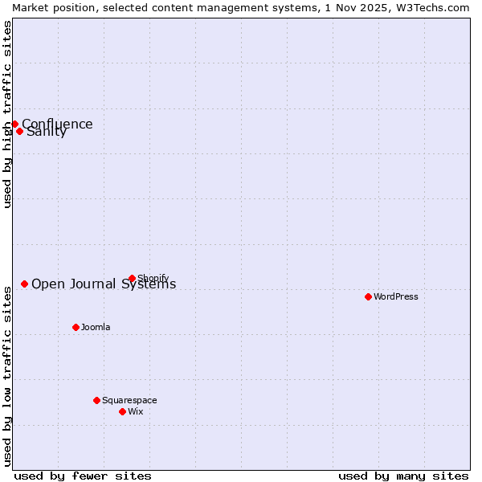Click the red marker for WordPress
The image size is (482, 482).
[x=368, y=296]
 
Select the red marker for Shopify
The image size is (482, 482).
[x=132, y=279]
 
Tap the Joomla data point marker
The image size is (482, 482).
[x=76, y=327]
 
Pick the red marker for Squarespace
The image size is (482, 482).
[x=96, y=400]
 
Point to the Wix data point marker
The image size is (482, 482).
[x=122, y=411]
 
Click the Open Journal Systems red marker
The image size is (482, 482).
[x=24, y=284]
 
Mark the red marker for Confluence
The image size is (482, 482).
[x=14, y=124]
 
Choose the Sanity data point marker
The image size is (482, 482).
[x=19, y=131]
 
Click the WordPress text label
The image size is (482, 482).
[x=396, y=296]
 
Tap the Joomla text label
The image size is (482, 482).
[x=96, y=327]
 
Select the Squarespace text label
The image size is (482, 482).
[x=129, y=400]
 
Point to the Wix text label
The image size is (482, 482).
[x=136, y=411]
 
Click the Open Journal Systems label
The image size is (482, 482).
[x=104, y=284]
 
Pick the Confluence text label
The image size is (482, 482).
[x=57, y=124]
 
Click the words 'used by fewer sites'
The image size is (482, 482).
[x=83, y=476]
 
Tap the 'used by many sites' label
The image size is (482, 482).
[x=403, y=476]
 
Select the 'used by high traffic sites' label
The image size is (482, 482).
[x=7, y=114]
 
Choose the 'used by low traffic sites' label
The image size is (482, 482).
[x=7, y=374]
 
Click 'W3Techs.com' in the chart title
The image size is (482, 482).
[x=436, y=6]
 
